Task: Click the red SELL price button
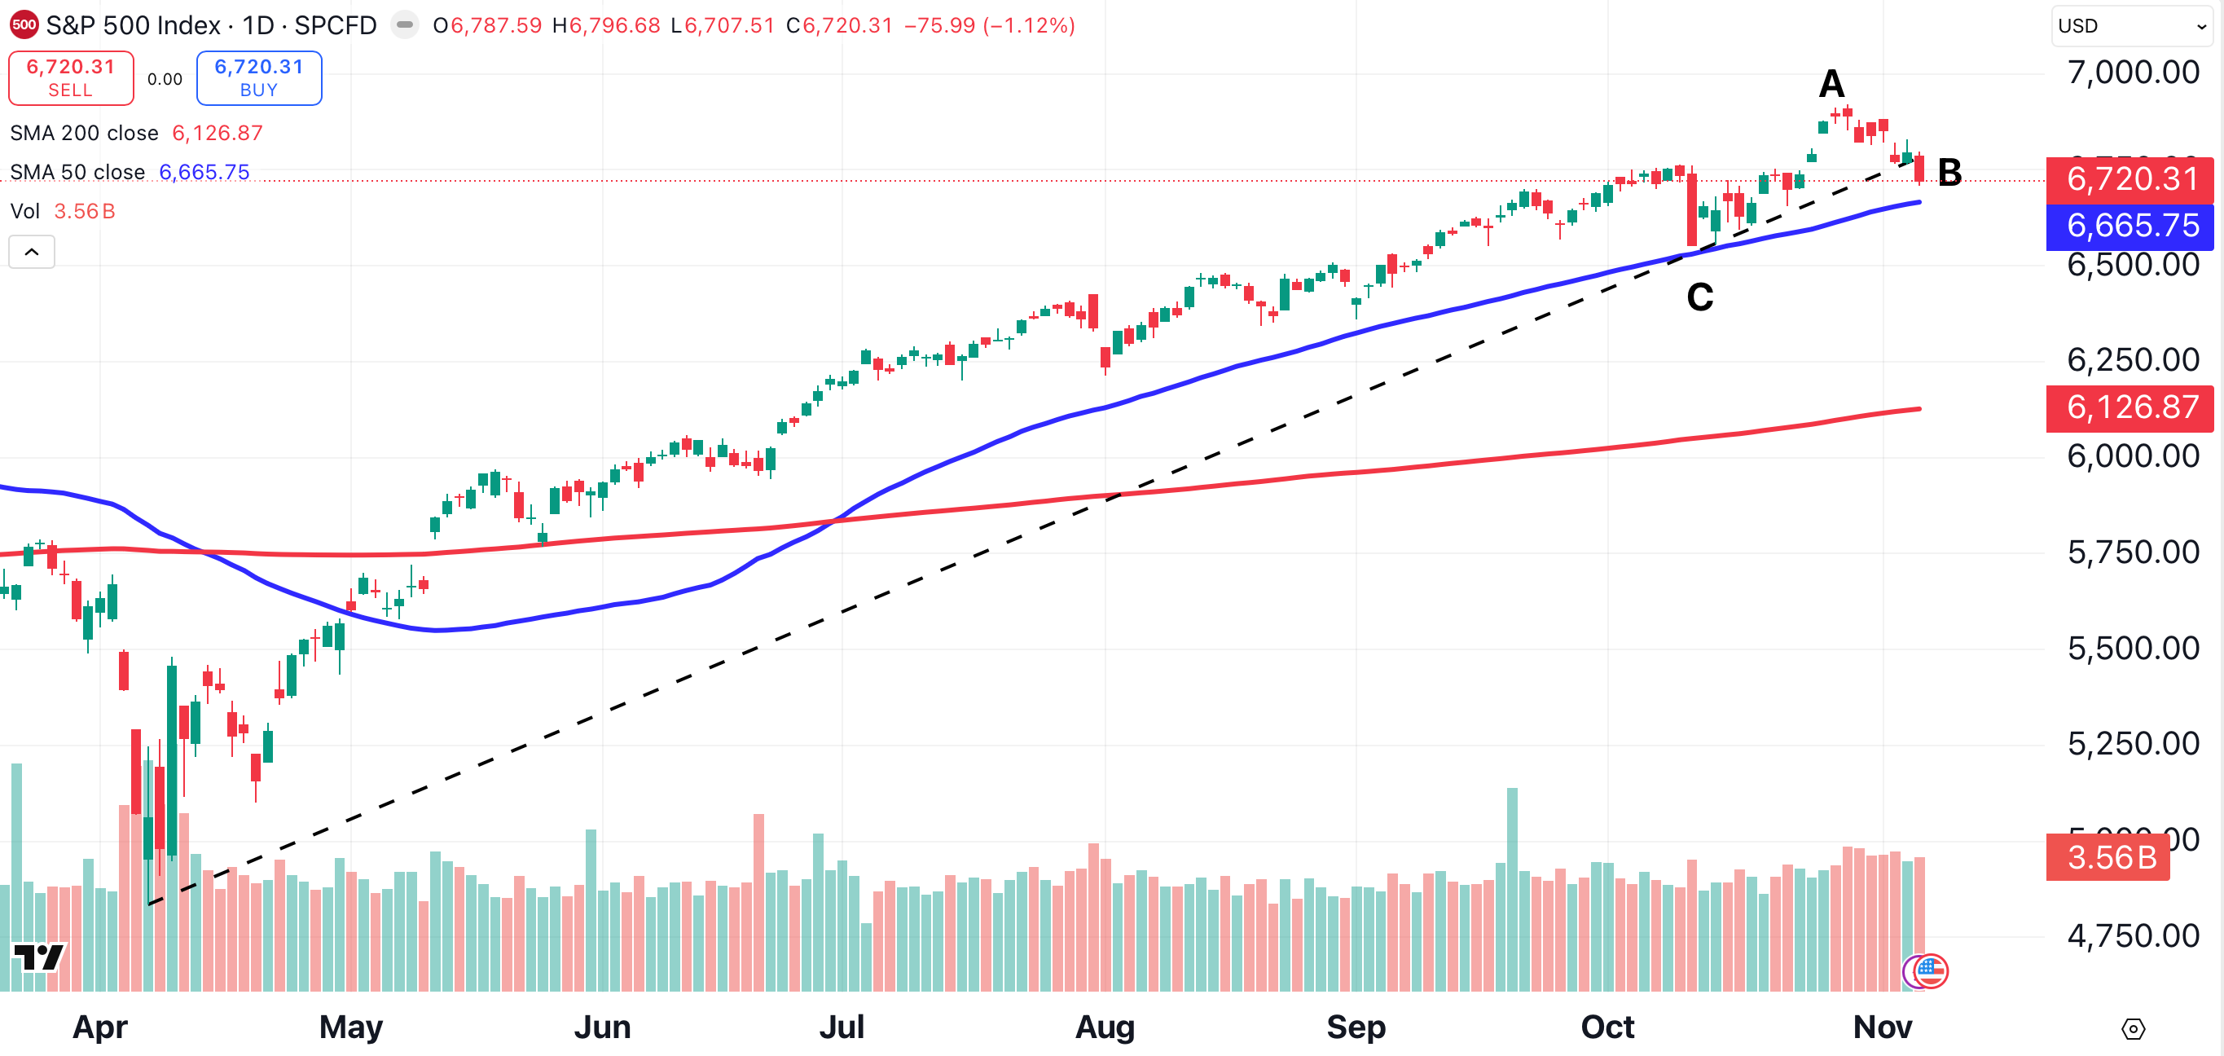pyautogui.click(x=71, y=77)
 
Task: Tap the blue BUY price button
pyautogui.click(x=259, y=77)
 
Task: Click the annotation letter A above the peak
pyautogui.click(x=1831, y=85)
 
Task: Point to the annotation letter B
pyautogui.click(x=1949, y=173)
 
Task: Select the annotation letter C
pyautogui.click(x=1699, y=298)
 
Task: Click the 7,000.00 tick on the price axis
pyautogui.click(x=2133, y=73)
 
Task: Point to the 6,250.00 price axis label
pyautogui.click(x=2133, y=360)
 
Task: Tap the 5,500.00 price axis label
pyautogui.click(x=2133, y=649)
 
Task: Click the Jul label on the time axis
pyautogui.click(x=841, y=1027)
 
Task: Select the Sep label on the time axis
pyautogui.click(x=1356, y=1027)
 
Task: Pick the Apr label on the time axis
pyautogui.click(x=100, y=1027)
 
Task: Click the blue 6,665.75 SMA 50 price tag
pyautogui.click(x=2131, y=227)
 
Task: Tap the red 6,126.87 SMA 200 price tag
pyautogui.click(x=2131, y=407)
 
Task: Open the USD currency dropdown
pyautogui.click(x=2131, y=26)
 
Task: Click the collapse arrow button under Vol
pyautogui.click(x=32, y=252)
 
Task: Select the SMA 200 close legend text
pyautogui.click(x=85, y=133)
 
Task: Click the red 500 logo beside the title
pyautogui.click(x=24, y=25)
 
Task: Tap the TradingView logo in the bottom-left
pyautogui.click(x=39, y=957)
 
